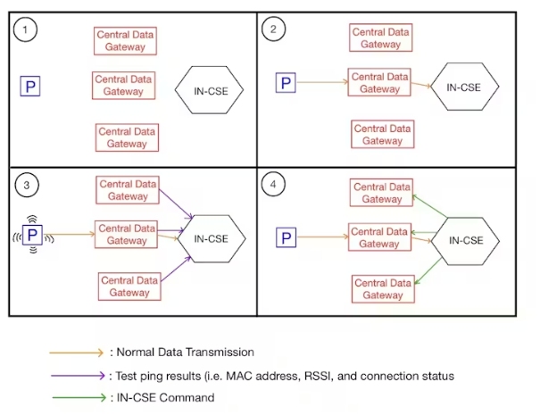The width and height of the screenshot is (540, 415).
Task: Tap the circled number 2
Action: click(x=272, y=29)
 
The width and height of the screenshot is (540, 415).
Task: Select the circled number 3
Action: click(x=29, y=186)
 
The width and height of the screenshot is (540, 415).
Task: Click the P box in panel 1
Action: click(x=30, y=87)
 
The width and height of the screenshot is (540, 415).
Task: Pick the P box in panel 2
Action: click(x=286, y=84)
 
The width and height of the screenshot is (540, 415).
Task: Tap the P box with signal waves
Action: click(x=32, y=235)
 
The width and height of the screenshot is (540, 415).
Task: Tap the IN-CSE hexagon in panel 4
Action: click(x=466, y=240)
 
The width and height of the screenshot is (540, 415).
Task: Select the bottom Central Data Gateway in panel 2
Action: click(x=383, y=135)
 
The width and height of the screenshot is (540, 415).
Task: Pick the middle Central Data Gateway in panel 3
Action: click(x=126, y=235)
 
